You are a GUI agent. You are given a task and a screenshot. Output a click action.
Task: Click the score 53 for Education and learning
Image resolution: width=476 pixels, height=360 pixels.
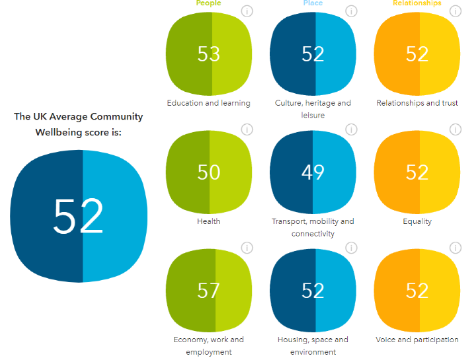pos(209,54)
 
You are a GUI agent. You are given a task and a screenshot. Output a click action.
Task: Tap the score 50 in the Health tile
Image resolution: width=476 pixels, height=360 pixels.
pos(209,172)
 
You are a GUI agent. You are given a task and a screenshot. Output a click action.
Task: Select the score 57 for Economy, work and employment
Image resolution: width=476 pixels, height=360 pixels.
pos(209,290)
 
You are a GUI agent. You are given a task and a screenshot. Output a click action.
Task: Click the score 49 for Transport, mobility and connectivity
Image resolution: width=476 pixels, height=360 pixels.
pos(313,172)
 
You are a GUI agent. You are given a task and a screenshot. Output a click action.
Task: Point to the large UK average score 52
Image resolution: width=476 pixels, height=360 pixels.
pos(79,216)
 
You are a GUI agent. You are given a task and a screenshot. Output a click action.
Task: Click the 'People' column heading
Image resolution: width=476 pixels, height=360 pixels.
pos(208,3)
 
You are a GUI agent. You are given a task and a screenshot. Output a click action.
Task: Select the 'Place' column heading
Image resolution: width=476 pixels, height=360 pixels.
pos(313,3)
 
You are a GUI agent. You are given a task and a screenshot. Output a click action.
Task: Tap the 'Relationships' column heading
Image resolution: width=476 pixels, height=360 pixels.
pos(417,3)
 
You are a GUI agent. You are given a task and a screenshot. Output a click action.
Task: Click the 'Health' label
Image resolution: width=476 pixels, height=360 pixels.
pos(208,221)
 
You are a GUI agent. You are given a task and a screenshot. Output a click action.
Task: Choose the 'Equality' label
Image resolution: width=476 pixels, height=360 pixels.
pos(417,221)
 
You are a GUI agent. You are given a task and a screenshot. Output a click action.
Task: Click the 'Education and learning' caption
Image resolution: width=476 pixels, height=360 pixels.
pos(208,103)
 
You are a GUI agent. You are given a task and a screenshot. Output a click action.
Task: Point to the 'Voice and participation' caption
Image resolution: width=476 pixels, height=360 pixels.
pos(417,340)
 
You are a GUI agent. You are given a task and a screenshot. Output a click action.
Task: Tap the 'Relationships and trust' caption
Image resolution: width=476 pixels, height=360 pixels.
pos(417,103)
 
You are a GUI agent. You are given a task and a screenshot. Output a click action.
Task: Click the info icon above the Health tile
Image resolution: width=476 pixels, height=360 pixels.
pos(247,129)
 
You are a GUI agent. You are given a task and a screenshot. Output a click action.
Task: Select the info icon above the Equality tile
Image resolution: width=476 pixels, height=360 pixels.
pos(456,129)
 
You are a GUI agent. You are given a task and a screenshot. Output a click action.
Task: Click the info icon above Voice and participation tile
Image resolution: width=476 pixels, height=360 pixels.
pos(456,248)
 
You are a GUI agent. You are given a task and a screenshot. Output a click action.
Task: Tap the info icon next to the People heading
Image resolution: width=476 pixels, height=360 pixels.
pos(247,11)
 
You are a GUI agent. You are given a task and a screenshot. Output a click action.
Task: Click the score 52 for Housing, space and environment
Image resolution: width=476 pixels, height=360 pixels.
pos(313,290)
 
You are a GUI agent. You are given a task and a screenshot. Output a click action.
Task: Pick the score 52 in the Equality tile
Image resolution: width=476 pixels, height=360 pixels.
pos(417,172)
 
